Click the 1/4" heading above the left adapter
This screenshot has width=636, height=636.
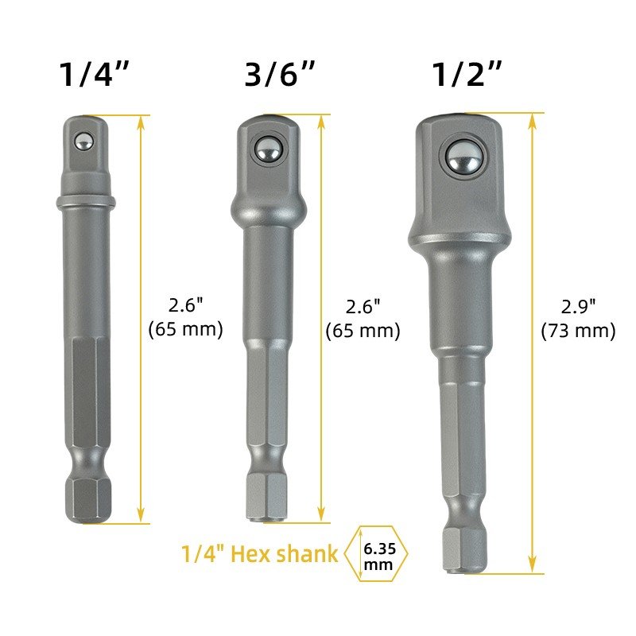94,74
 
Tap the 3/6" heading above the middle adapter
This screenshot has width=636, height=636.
280,74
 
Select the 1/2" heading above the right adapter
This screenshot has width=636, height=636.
467,74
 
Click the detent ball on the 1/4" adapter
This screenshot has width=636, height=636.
84,142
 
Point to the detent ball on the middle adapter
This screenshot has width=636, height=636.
268,149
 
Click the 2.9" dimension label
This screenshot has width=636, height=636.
579,307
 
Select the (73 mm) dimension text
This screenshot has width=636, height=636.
579,330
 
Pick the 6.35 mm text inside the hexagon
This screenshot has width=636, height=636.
379,556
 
